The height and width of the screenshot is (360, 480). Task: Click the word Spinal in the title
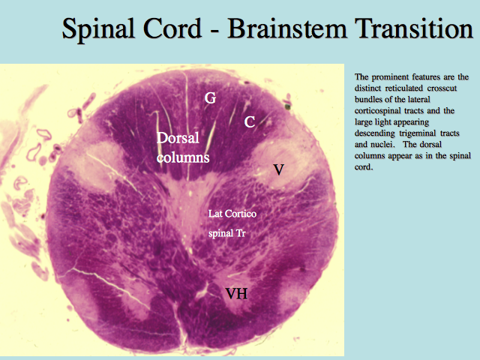pos(98,30)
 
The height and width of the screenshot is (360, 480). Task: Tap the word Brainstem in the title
pos(287,28)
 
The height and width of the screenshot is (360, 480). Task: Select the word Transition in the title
pos(414,28)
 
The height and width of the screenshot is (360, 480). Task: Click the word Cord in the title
pos(172,28)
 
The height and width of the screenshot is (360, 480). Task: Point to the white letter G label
pos(210,98)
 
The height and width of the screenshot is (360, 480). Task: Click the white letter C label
pos(250,122)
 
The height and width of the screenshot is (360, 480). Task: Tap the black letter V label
pos(278,169)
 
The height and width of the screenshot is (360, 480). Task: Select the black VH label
pos(236,293)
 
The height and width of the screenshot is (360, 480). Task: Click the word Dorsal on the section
pos(178,138)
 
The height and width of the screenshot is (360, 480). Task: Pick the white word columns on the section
pos(183,157)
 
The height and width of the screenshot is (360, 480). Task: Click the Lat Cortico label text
pos(232,214)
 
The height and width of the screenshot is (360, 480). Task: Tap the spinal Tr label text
pos(226,233)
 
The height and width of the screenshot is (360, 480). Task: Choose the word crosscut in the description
pos(442,88)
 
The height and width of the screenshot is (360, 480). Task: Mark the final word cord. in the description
pos(364,166)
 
